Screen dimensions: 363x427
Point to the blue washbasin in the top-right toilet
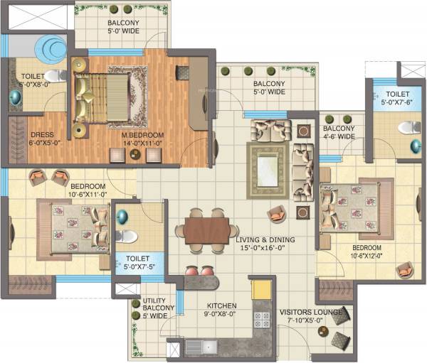coord(415,146)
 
